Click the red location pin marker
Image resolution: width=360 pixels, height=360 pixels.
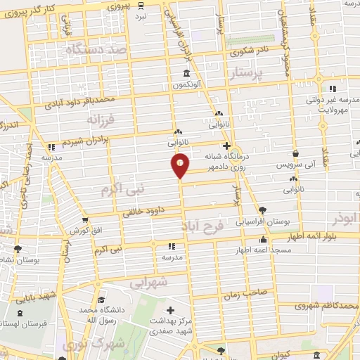[x=181, y=165]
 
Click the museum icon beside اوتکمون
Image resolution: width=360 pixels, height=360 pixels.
[x=186, y=74]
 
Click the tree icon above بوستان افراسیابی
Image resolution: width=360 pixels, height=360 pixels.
[x=263, y=210]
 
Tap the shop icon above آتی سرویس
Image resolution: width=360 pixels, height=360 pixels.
[x=296, y=153]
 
